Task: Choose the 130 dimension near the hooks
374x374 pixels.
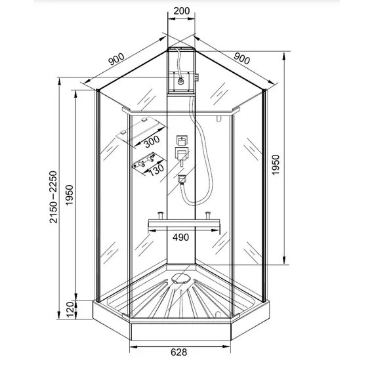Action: [155, 169]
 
